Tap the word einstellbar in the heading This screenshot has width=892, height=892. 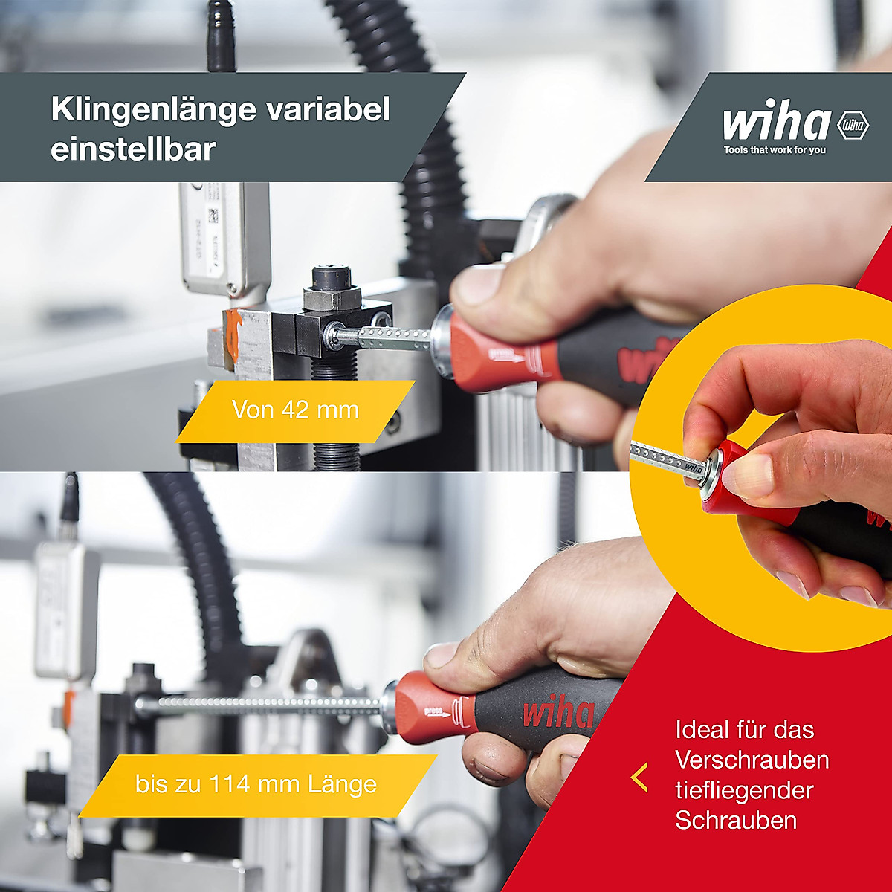(x=133, y=149)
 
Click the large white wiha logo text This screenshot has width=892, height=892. (x=776, y=122)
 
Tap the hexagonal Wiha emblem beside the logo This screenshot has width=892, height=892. (x=853, y=126)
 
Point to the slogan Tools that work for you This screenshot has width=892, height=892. (x=775, y=150)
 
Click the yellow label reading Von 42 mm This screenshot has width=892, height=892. (x=295, y=410)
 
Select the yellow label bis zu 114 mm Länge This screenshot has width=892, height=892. (x=256, y=785)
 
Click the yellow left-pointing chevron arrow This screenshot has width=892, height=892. (x=639, y=777)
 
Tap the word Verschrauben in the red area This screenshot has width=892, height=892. (x=752, y=760)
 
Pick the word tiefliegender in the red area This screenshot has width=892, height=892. (x=745, y=790)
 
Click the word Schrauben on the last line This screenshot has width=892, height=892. (x=736, y=821)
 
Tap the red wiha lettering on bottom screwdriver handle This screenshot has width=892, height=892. (x=557, y=714)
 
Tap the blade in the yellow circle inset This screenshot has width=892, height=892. (x=665, y=459)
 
